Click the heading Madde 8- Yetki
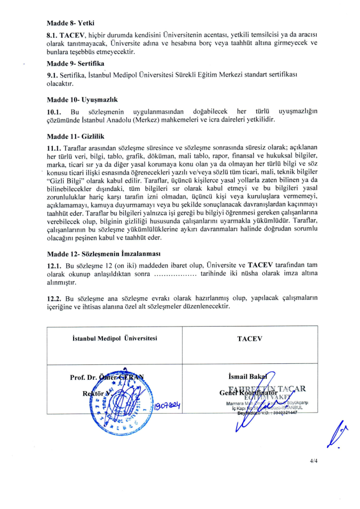point(71,23)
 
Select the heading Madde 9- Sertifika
point(75,64)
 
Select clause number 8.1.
point(52,36)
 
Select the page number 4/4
point(313,461)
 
